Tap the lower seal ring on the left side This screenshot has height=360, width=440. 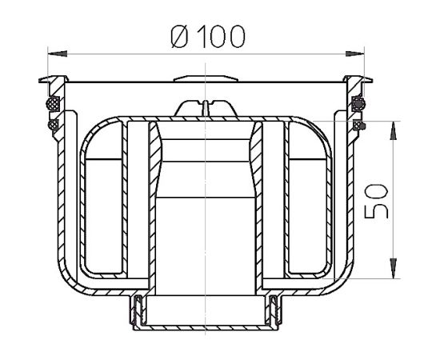[53, 125]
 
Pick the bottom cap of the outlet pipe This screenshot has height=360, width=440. [206, 327]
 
